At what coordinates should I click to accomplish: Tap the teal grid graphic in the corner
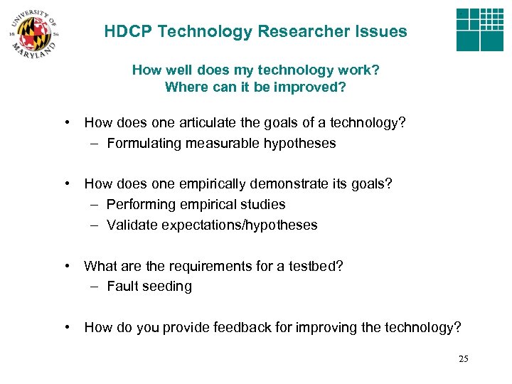coord(479,29)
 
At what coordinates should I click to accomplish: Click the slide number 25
coord(464,359)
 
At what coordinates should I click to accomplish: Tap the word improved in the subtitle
coord(315,87)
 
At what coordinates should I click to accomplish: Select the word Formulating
coord(144,144)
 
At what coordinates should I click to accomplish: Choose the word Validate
coord(132,225)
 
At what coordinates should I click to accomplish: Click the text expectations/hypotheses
coord(240,225)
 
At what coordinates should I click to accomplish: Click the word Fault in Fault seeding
coord(121,287)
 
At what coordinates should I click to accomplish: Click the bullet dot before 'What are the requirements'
coord(65,267)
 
